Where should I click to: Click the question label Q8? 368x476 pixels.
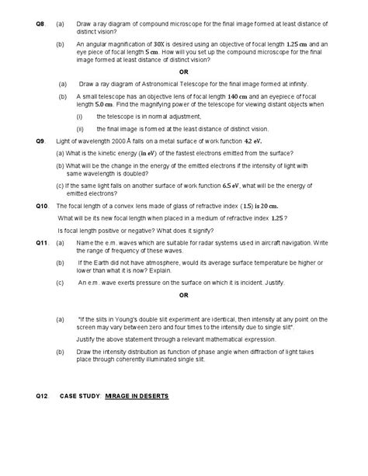[40, 26]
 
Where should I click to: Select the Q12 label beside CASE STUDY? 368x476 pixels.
[42, 396]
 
